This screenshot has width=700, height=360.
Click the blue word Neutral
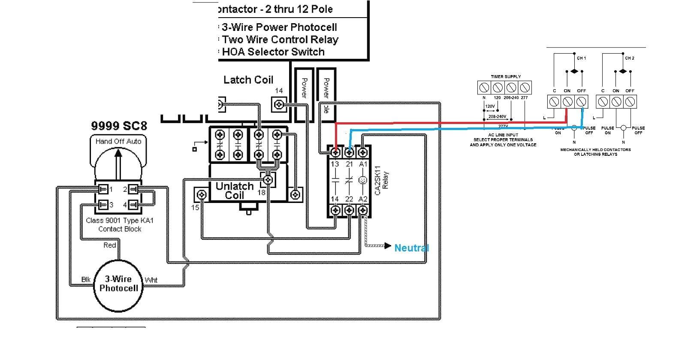411,248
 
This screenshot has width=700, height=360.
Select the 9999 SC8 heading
119,126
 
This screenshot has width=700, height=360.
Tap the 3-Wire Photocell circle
118,284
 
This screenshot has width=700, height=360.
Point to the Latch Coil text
248,80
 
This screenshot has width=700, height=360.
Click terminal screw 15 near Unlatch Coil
201,195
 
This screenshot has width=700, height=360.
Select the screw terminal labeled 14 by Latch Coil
279,104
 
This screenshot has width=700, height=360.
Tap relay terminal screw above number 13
336,152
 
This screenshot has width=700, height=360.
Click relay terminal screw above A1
363,152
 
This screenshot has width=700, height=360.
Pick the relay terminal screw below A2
363,210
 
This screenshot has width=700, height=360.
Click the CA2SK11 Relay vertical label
381,180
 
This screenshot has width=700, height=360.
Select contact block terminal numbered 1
103,189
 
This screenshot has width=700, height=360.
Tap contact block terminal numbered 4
133,205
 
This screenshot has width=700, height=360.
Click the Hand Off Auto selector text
118,141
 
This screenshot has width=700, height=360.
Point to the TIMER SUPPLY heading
506,77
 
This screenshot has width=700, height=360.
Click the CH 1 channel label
581,58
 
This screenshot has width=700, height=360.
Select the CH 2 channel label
629,58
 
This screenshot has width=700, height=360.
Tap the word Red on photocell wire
110,245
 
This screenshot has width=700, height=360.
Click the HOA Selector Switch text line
273,52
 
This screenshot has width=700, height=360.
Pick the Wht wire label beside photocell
151,280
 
